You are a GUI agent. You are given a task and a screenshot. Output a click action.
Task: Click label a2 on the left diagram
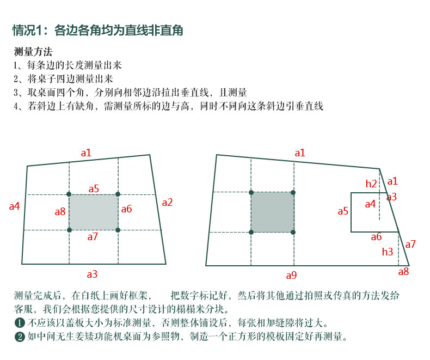167,203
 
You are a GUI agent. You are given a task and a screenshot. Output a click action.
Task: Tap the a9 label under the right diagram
292,275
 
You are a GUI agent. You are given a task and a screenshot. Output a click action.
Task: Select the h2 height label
371,184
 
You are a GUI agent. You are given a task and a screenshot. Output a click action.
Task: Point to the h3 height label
387,252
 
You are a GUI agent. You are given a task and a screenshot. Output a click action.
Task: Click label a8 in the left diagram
60,211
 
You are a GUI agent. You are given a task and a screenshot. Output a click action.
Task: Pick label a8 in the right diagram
403,272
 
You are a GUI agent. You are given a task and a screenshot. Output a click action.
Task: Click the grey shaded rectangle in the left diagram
93,212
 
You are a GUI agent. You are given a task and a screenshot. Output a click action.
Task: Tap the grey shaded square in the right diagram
272,212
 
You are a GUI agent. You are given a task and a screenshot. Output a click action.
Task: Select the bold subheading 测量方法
33,52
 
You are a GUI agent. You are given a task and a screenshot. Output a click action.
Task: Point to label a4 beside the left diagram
15,206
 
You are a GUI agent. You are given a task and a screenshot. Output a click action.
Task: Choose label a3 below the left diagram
93,274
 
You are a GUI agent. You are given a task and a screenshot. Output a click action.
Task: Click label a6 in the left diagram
126,209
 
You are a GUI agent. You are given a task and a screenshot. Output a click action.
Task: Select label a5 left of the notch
343,211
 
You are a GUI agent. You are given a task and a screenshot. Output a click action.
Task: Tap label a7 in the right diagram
410,245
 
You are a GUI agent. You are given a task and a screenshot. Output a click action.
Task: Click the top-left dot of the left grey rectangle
69,194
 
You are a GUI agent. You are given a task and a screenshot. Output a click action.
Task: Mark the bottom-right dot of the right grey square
293,232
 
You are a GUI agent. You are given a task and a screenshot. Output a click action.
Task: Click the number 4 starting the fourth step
16,106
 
